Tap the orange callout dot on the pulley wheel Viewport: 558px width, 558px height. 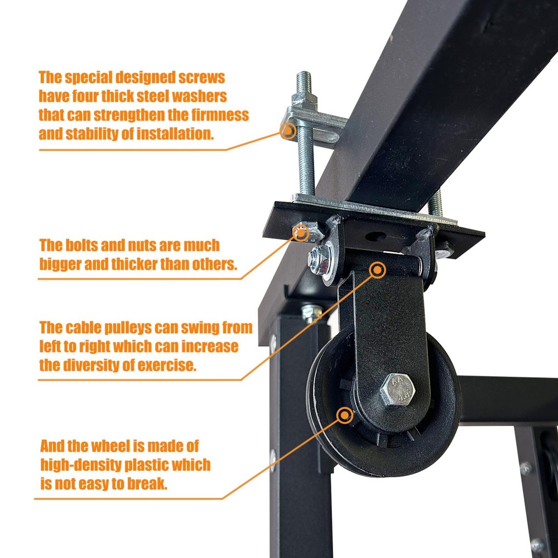click(345, 415)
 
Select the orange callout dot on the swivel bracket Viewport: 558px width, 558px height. click(378, 271)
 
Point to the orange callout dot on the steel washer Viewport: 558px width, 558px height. click(288, 131)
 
